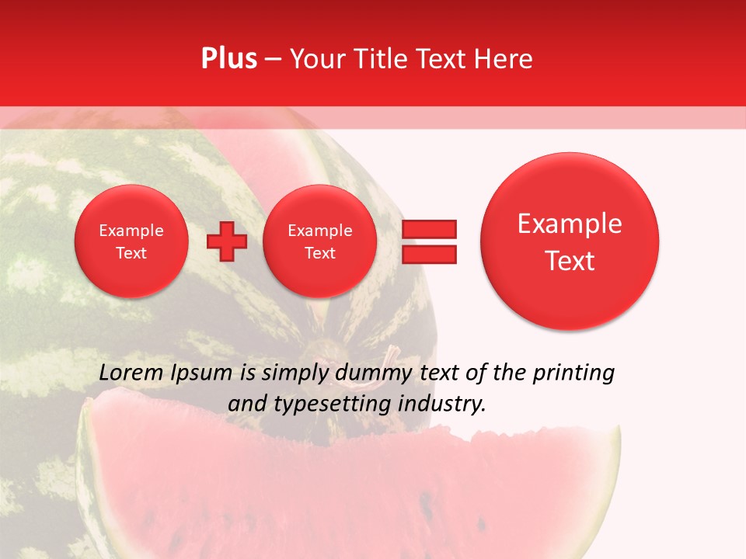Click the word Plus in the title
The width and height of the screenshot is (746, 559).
228,58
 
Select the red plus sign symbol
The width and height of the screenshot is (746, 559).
227,241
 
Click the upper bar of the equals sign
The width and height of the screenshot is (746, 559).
429,229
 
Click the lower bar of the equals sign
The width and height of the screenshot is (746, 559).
429,254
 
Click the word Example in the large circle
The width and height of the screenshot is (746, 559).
570,224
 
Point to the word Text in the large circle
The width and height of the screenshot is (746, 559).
570,261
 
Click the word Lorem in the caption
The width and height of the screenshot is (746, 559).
131,373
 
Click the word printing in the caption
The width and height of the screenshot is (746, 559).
573,373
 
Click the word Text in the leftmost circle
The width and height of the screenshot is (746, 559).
131,253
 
